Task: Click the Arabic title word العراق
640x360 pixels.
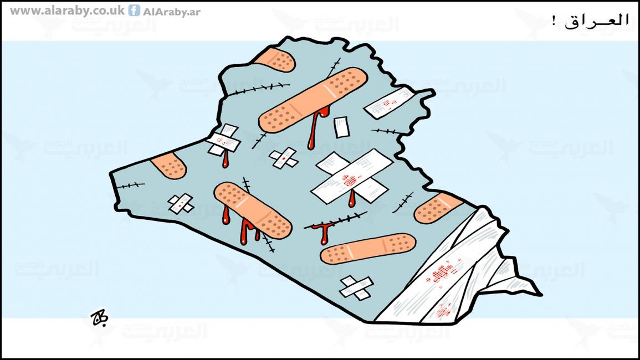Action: pos(597,20)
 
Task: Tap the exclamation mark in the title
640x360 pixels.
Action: pos(554,20)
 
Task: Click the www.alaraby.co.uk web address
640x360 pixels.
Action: pos(67,11)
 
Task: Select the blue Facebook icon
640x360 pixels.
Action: pos(134,10)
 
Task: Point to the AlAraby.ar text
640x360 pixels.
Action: pos(172,12)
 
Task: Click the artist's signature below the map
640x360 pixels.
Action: pos(99,317)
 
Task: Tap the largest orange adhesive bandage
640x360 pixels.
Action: pos(313,100)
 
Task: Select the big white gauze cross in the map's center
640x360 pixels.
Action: pos(351,176)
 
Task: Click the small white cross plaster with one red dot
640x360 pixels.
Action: pos(283,158)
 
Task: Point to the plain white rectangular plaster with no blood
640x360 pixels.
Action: pos(341,127)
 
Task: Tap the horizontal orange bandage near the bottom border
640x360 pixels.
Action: pos(368,249)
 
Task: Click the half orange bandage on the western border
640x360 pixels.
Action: pos(169,165)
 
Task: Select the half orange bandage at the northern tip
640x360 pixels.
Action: pos(275,60)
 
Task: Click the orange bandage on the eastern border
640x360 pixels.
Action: pos(437,208)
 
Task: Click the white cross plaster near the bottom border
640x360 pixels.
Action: pos(356,287)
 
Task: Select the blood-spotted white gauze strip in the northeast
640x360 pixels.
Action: pos(388,103)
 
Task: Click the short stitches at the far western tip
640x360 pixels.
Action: pos(130,186)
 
